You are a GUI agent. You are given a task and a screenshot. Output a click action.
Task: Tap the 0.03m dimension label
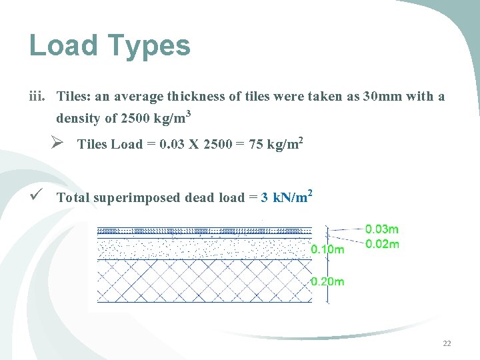382,229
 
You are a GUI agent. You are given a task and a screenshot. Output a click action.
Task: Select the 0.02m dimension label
382,244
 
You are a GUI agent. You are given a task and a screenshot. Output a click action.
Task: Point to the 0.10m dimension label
328,249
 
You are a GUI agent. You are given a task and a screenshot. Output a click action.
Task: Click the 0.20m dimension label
328,281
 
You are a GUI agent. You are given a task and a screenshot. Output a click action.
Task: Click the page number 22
447,343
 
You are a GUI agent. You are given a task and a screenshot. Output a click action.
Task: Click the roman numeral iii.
37,97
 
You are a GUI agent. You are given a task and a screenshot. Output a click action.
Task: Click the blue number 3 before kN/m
265,198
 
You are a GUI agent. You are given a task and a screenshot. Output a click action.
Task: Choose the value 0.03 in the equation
170,145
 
